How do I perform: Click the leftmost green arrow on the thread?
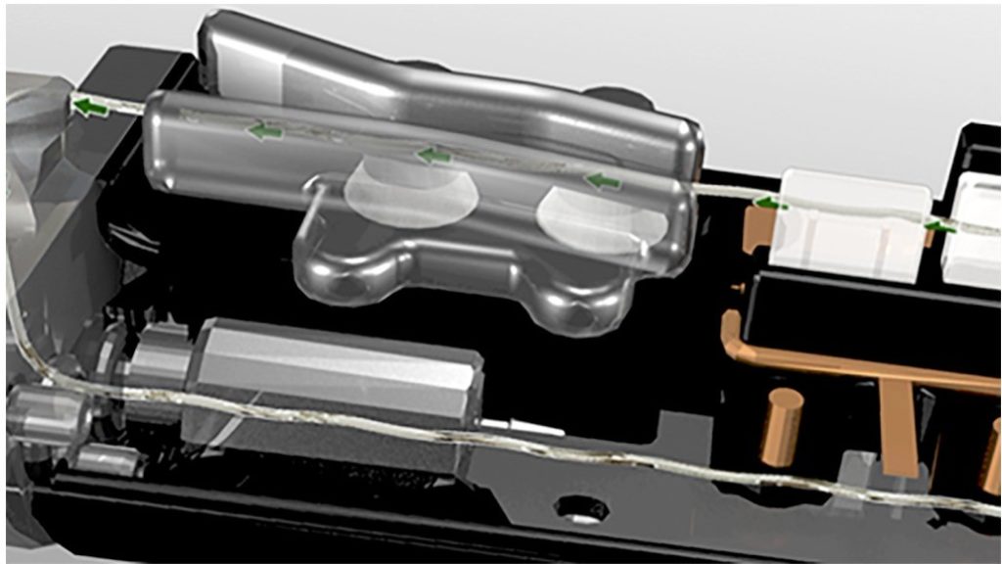(91, 107)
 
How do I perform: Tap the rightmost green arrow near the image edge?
(940, 227)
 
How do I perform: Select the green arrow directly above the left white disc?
(433, 155)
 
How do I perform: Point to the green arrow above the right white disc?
(604, 181)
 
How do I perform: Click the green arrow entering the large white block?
(771, 204)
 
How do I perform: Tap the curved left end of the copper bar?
(735, 332)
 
